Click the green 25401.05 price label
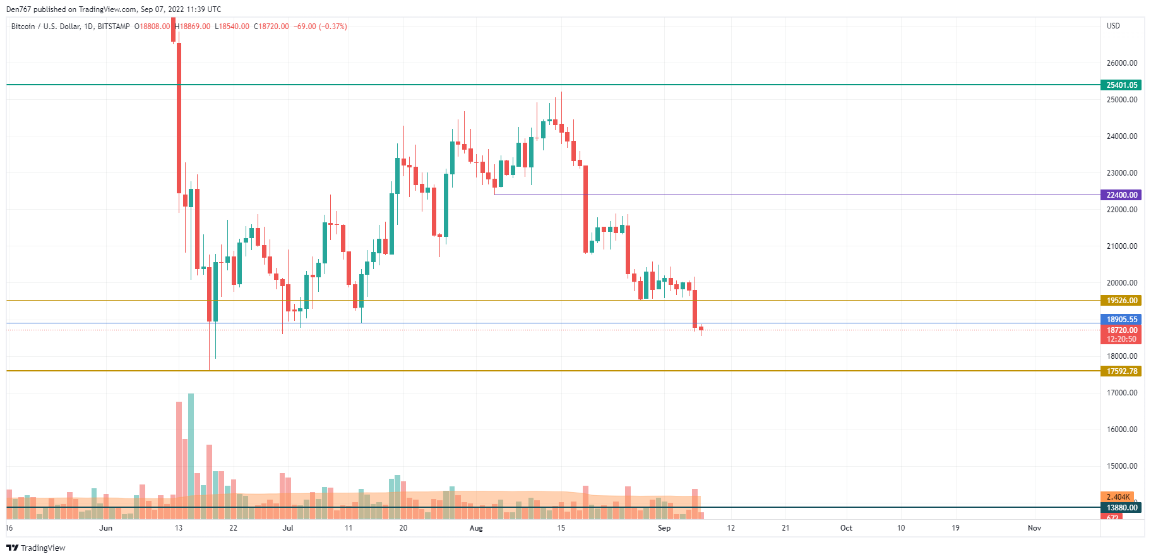(x=1121, y=85)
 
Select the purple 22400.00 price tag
(x=1121, y=195)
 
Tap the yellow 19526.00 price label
(x=1121, y=301)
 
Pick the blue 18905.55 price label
(x=1121, y=320)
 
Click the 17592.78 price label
(x=1121, y=371)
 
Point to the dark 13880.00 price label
(x=1121, y=508)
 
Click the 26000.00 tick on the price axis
(x=1121, y=63)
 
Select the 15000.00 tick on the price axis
(x=1121, y=466)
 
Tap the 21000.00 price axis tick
(x=1121, y=246)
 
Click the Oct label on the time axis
(x=846, y=528)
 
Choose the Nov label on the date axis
(x=1034, y=528)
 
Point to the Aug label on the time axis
(x=476, y=528)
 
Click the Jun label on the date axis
(x=106, y=528)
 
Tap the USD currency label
(x=1113, y=26)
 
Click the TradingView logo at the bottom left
(x=36, y=548)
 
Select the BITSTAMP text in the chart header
(x=114, y=27)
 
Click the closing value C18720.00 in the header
(x=271, y=27)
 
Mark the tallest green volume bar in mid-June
(x=191, y=455)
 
